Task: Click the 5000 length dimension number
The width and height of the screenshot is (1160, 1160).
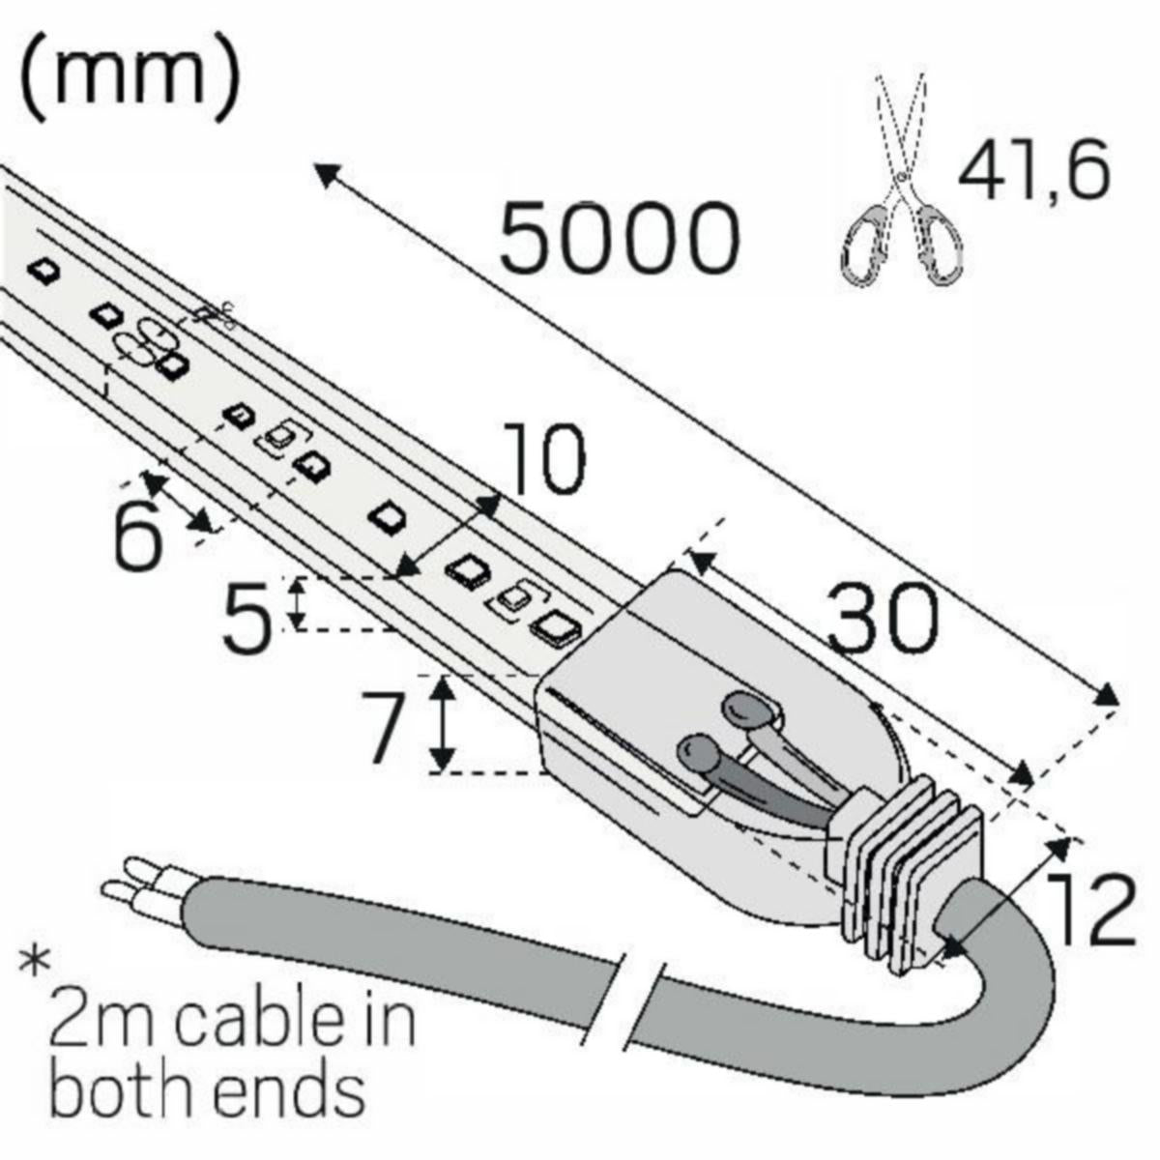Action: pos(619,237)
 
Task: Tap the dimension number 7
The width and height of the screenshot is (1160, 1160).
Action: pos(384,727)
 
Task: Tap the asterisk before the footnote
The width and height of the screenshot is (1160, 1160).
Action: pos(37,962)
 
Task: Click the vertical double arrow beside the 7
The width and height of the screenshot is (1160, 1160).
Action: pos(443,723)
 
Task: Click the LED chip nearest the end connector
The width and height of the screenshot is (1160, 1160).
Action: pos(556,628)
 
